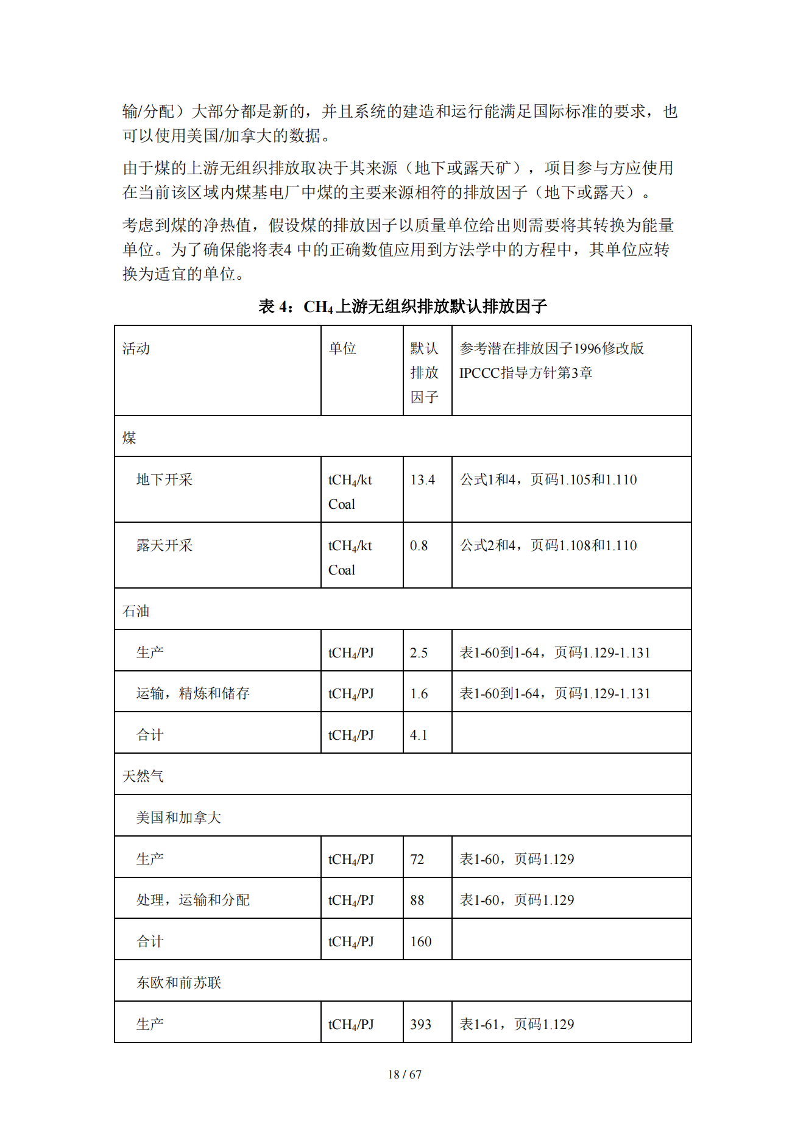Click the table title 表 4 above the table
[x=402, y=306]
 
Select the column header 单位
[x=342, y=349]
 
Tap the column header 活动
[x=136, y=349]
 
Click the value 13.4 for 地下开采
[x=422, y=480]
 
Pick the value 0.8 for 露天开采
[x=419, y=546]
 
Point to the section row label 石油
[x=136, y=611]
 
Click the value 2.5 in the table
[x=419, y=653]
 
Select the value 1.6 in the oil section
[x=419, y=694]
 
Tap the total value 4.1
[x=419, y=735]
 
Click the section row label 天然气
[x=143, y=776]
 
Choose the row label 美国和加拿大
[x=179, y=818]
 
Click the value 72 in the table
[x=417, y=860]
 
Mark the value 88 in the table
[x=417, y=901]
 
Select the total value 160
[x=420, y=942]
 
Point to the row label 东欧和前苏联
[x=179, y=983]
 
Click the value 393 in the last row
[x=420, y=1025]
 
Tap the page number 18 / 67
[x=405, y=1075]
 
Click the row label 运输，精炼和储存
[x=193, y=694]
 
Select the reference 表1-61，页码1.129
[x=517, y=1025]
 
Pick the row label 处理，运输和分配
[x=193, y=901]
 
